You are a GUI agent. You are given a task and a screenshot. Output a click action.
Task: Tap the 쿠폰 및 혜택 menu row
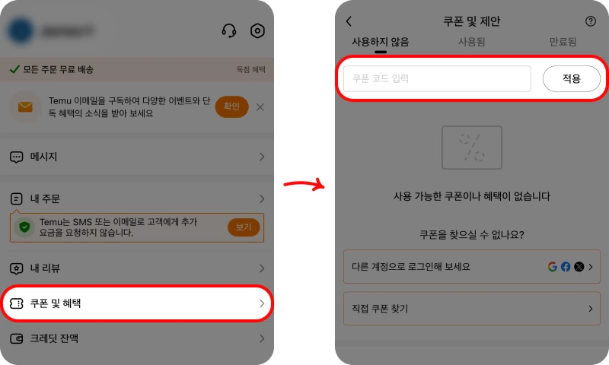(x=137, y=303)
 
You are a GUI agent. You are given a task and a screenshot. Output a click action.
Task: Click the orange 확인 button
(x=231, y=106)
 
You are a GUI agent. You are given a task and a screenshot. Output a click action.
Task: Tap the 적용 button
(x=571, y=78)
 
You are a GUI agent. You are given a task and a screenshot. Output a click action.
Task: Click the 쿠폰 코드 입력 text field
(x=437, y=78)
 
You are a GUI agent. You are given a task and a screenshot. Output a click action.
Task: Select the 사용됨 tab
(x=471, y=43)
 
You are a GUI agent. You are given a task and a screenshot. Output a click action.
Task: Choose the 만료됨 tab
(x=563, y=43)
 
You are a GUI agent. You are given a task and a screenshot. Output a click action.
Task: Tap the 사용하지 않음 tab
(x=380, y=43)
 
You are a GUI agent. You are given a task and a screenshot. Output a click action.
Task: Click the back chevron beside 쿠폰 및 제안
(x=349, y=22)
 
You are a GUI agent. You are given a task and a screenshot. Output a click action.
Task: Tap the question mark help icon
(x=591, y=22)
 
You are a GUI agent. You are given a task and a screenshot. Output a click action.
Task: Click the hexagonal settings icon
(x=257, y=31)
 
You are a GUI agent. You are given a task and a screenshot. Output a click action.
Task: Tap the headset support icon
(x=228, y=31)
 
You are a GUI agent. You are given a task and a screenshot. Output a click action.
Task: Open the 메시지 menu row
(x=137, y=157)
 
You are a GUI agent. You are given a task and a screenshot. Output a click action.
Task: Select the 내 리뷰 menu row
(x=137, y=268)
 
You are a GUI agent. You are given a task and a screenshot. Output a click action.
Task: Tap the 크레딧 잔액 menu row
(x=137, y=338)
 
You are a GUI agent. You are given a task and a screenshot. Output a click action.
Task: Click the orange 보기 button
(x=244, y=227)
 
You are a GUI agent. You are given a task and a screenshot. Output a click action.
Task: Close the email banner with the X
(x=260, y=106)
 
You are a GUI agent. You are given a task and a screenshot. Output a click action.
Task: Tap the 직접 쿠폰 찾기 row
(x=471, y=309)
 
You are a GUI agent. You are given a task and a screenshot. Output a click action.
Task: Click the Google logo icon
(x=553, y=267)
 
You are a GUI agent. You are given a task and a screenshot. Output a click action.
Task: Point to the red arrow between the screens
(x=304, y=183)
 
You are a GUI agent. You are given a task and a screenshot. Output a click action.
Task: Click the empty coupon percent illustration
(x=472, y=147)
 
